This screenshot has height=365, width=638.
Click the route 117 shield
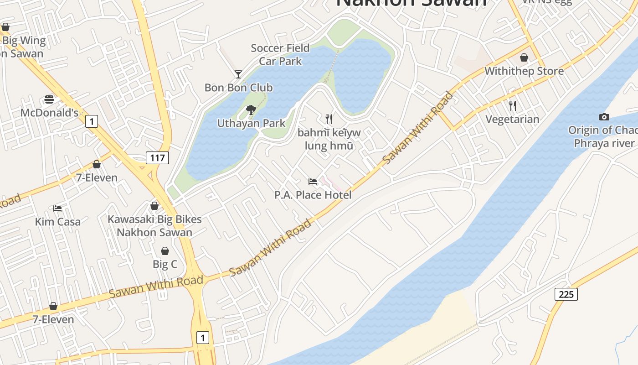pos(157,158)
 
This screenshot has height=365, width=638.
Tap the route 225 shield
pos(566,294)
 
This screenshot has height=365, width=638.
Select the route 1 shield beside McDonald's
pos(92,121)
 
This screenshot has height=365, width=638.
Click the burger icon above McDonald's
pos(49,100)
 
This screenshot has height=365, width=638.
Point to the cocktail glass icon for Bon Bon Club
pos(238,74)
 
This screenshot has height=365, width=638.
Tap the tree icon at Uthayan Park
pos(251,109)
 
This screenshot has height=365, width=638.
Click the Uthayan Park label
pos(251,123)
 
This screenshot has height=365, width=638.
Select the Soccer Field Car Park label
pos(280,54)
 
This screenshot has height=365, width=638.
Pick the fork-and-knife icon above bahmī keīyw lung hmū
pos(329,119)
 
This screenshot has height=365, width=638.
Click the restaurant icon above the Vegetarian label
pos(513,106)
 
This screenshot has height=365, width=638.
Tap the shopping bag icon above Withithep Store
pos(524,57)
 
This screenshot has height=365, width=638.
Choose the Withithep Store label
pos(524,71)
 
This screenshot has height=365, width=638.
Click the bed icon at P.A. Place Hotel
pos(313,182)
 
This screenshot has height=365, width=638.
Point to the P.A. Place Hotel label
pos(313,195)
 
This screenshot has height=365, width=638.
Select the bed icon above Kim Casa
pos(57,209)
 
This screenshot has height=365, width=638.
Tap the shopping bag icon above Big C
pos(165,251)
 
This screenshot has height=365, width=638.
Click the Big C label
pos(165,264)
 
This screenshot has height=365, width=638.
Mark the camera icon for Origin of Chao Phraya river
pos(604,117)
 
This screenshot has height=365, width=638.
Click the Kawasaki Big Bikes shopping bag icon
pos(154,206)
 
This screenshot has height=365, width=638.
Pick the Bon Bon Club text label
pos(238,88)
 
